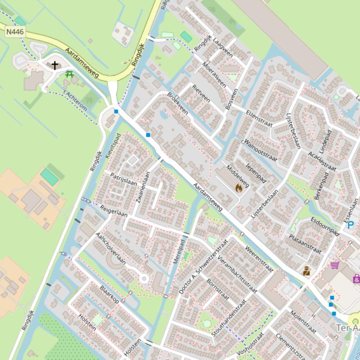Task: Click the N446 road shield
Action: pos(15,32)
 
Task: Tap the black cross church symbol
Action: pos(55,65)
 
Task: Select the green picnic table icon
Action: pos(70,74)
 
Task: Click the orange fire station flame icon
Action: pos(239,188)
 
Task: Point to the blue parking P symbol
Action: pos(351,225)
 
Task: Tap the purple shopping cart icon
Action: pos(335,265)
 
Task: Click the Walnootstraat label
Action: pos(260,150)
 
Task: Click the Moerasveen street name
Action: pos(215,75)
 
